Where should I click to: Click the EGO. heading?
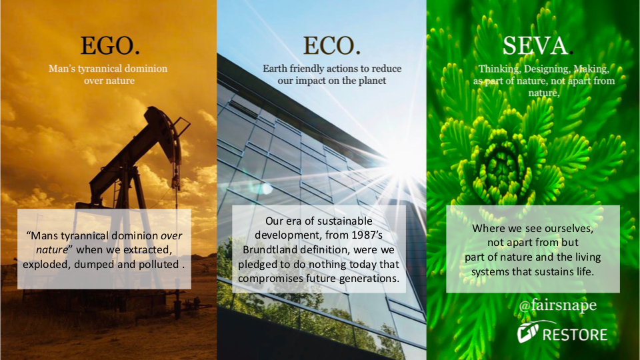pyautogui.click(x=110, y=45)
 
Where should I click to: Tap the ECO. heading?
pyautogui.click(x=331, y=45)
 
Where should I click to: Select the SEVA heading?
pyautogui.click(x=535, y=45)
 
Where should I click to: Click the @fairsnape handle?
pyautogui.click(x=557, y=305)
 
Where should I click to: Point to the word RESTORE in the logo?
pyautogui.click(x=575, y=335)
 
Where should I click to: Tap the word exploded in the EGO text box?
pyautogui.click(x=47, y=265)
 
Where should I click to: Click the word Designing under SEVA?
pyautogui.click(x=547, y=69)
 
